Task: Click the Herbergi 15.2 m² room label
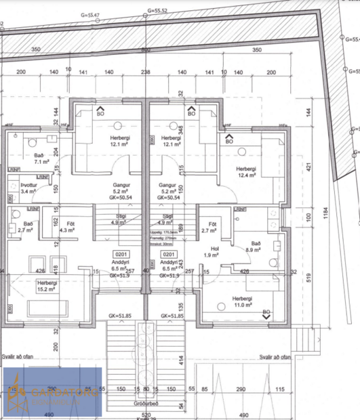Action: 47,286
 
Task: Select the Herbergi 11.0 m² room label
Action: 242,302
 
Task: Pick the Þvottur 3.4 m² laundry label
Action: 28,188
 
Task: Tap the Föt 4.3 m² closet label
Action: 67,227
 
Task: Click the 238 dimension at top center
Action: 145,70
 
